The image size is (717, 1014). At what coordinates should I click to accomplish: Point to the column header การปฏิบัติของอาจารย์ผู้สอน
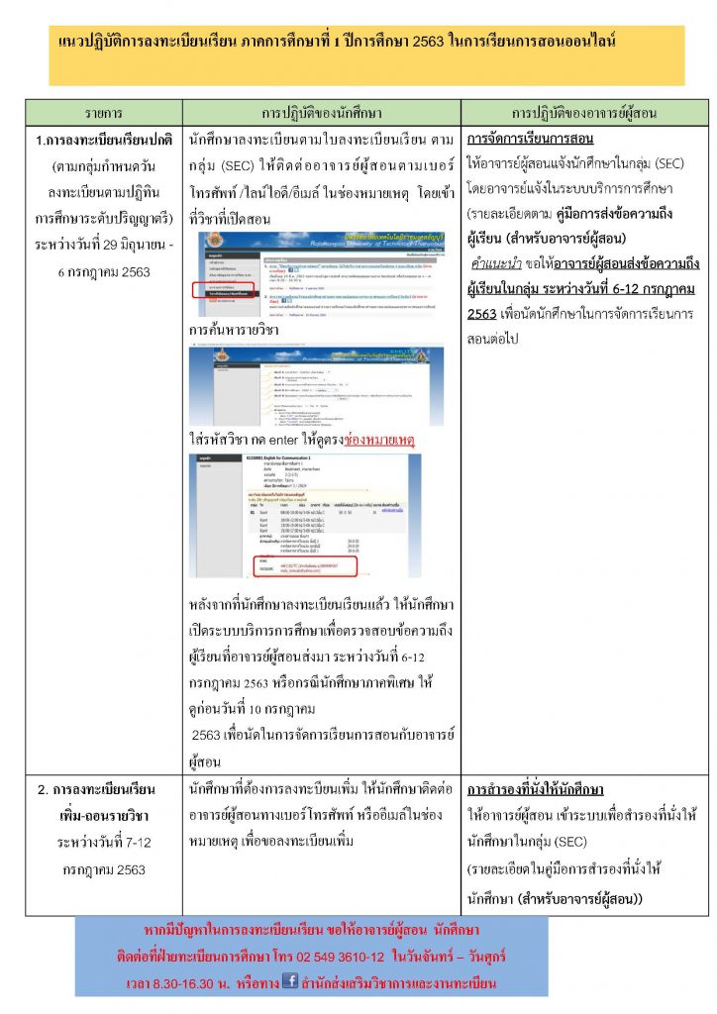pyautogui.click(x=584, y=112)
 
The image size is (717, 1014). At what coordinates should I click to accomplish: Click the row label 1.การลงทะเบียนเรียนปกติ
pyautogui.click(x=104, y=140)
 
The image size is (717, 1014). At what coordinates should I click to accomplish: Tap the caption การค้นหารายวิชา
pyautogui.click(x=229, y=329)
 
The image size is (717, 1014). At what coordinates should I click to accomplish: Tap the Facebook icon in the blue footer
pyautogui.click(x=291, y=981)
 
